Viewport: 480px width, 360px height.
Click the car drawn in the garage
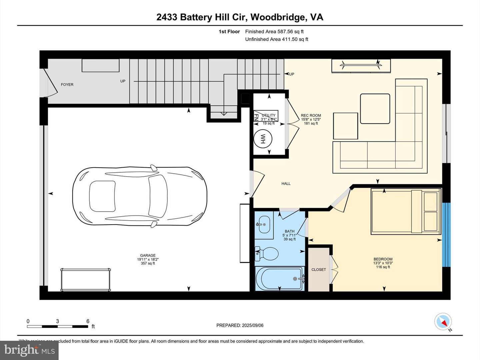point(140,197)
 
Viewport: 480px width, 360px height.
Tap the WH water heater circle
point(262,139)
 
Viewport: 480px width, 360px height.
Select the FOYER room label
point(67,85)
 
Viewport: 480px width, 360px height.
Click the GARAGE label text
point(148,256)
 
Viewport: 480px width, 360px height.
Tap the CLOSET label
point(319,270)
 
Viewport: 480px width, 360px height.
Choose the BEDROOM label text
point(383,259)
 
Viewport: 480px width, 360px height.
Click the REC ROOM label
point(311,115)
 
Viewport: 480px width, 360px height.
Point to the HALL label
point(286,184)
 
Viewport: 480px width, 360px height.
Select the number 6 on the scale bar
point(88,321)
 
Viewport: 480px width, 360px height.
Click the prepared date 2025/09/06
point(253,325)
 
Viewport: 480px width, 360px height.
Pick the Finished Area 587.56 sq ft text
point(274,32)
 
